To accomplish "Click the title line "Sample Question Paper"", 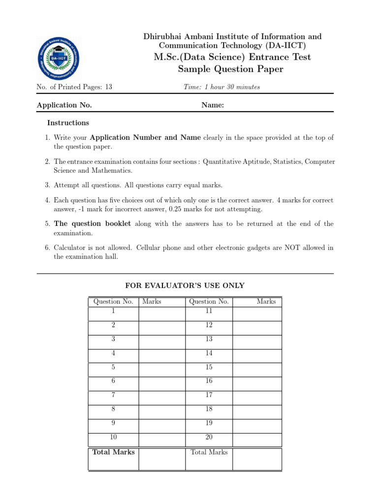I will coord(230,69).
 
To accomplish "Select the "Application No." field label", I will coord(64,105).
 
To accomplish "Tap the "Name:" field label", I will coord(213,105).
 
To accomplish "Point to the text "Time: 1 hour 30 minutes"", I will coord(221,87).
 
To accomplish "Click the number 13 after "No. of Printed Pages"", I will coord(108,87).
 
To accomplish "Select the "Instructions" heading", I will coord(68,123).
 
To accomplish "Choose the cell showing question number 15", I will coord(210,367).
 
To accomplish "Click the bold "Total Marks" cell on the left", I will coord(114,452).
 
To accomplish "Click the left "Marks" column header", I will coord(152,301).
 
